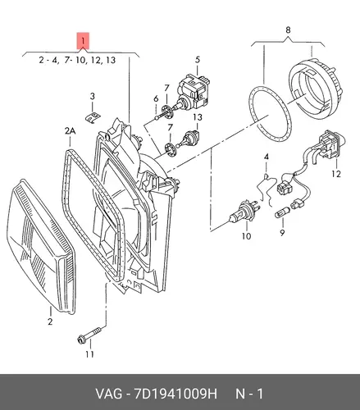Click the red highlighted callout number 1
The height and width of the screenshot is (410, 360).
click(83, 42)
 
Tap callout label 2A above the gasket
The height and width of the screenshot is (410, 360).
click(70, 131)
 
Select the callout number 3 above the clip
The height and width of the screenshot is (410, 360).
click(93, 97)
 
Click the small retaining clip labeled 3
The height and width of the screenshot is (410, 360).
click(93, 116)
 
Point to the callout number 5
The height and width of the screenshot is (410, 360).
click(198, 60)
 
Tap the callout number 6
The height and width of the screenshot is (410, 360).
click(156, 98)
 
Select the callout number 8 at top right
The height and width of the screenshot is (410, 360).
click(288, 30)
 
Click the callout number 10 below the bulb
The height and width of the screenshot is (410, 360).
click(246, 236)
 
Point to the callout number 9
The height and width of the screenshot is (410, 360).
click(282, 233)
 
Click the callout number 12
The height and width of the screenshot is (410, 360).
click(336, 174)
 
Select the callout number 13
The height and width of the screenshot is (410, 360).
click(198, 117)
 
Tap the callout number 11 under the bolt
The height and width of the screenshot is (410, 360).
click(89, 354)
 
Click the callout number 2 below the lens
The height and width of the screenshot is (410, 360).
click(50, 321)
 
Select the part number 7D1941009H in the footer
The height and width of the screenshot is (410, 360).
click(175, 394)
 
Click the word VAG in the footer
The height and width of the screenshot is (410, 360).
click(108, 394)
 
